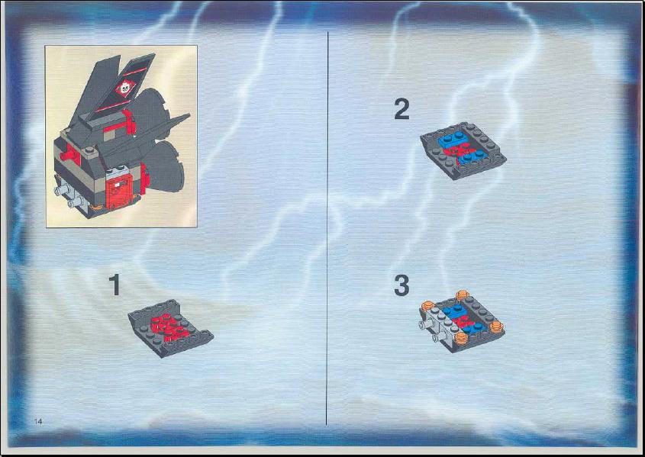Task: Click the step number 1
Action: [x=114, y=285]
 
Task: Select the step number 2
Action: [x=402, y=109]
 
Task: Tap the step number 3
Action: [x=402, y=285]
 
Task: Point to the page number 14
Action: [x=38, y=421]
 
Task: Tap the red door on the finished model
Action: [x=119, y=190]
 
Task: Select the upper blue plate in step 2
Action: [x=450, y=140]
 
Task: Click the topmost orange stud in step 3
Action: [x=462, y=295]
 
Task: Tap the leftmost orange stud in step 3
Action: [x=427, y=306]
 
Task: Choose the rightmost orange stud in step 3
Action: [x=496, y=327]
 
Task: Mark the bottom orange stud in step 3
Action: [x=460, y=338]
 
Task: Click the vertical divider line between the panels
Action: [x=327, y=228]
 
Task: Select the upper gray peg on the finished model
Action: [x=62, y=189]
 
